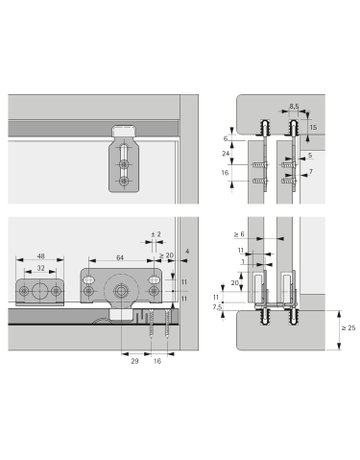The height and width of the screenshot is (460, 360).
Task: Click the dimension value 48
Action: click(41, 256)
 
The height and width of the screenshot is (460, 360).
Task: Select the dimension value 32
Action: click(41, 270)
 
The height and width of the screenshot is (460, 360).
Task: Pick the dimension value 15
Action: click(313, 128)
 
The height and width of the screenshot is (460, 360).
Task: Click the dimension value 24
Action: click(225, 155)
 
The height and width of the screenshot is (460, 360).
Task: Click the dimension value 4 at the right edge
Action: click(186, 239)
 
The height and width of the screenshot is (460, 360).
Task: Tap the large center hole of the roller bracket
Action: click(119, 293)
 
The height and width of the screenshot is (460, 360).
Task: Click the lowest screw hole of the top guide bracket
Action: click(122, 182)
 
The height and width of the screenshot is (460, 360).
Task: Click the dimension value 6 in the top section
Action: click(225, 140)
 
